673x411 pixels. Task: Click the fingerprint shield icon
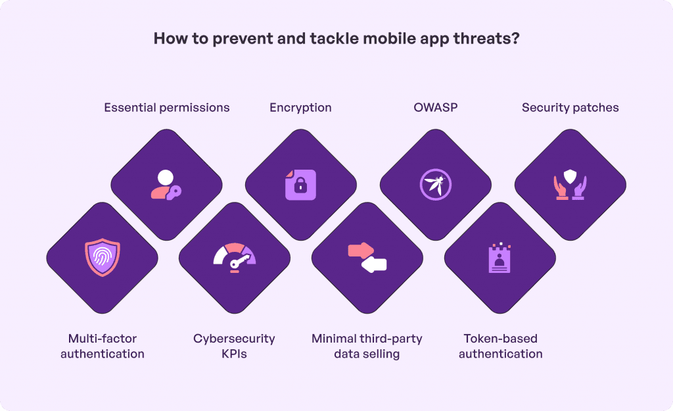(x=103, y=257)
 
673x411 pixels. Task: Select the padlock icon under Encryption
(x=300, y=185)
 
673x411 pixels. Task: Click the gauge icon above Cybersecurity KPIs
(x=234, y=257)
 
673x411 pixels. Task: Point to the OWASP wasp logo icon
(x=435, y=185)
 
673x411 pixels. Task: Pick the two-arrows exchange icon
(x=367, y=257)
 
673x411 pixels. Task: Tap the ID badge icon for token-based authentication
(x=500, y=257)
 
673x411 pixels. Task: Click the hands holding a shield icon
(x=570, y=185)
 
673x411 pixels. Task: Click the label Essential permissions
(x=167, y=107)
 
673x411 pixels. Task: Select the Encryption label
(x=300, y=107)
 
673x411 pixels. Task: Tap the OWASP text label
(x=435, y=107)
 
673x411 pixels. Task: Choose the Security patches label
(x=570, y=107)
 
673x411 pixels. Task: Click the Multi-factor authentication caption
(x=103, y=346)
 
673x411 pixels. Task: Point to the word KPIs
(x=234, y=354)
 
